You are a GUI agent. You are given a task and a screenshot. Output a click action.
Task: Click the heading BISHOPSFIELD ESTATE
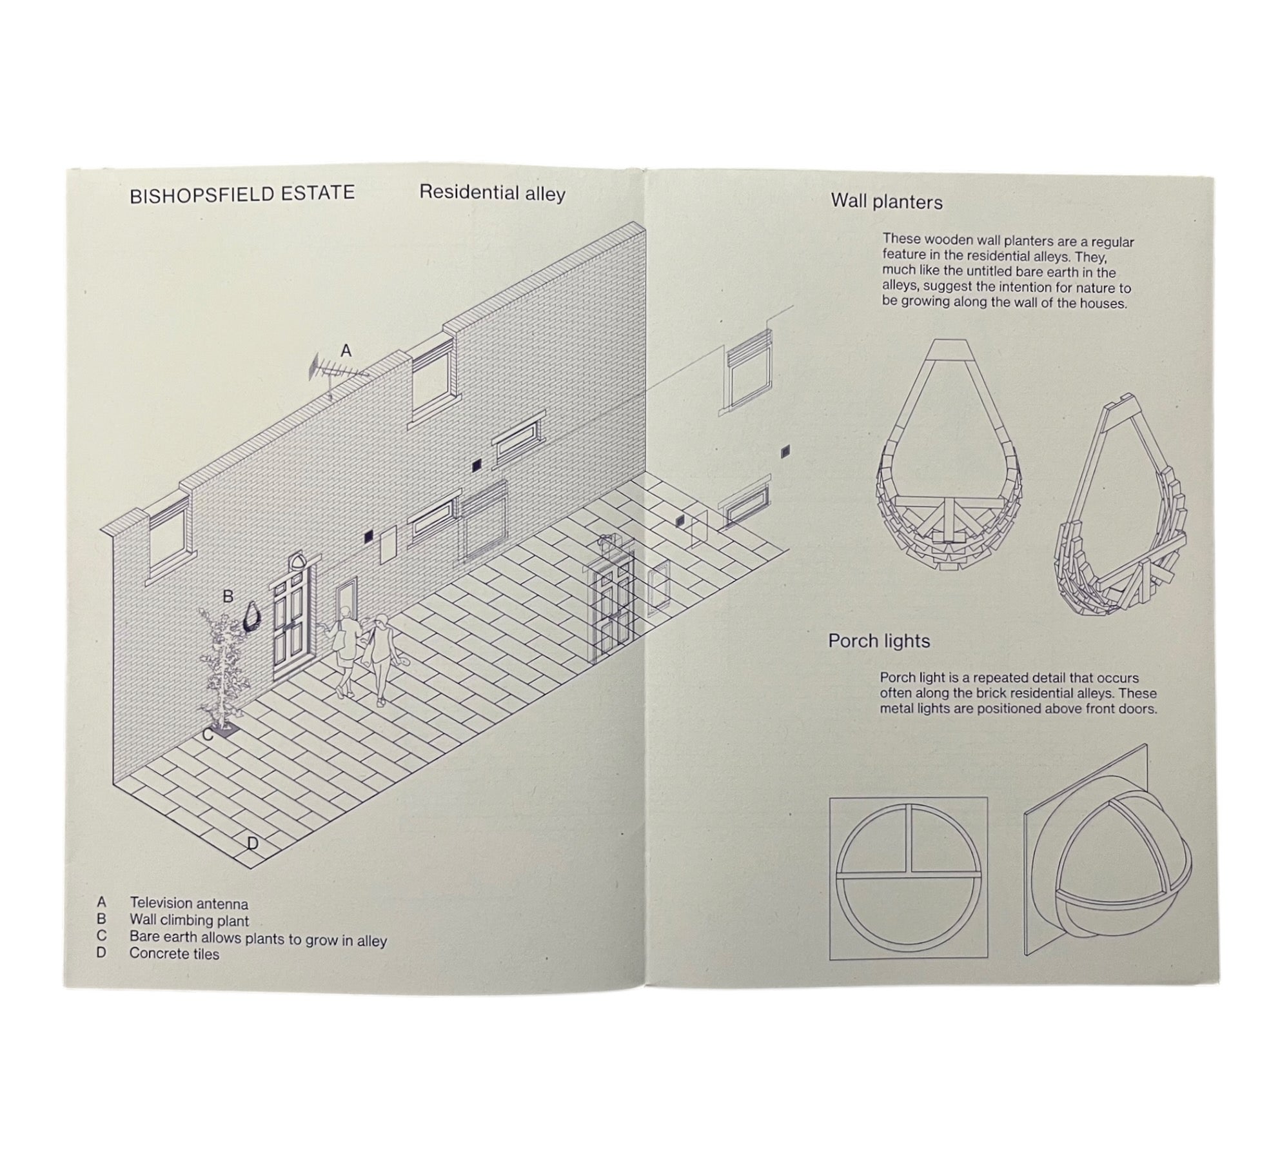pyautogui.click(x=242, y=194)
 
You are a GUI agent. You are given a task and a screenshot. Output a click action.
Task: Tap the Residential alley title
pyautogui.click(x=492, y=193)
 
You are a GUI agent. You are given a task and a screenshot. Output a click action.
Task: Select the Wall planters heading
pyautogui.click(x=887, y=202)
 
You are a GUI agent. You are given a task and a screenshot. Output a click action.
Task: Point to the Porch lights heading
pyautogui.click(x=879, y=641)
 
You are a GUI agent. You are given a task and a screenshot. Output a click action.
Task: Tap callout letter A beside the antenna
pyautogui.click(x=346, y=351)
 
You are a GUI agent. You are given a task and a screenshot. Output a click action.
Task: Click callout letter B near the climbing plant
pyautogui.click(x=228, y=597)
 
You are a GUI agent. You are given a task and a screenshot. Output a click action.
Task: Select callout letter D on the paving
pyautogui.click(x=252, y=843)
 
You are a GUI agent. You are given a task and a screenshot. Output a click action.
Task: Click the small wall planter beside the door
pyautogui.click(x=252, y=615)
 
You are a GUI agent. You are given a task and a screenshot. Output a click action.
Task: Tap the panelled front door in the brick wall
pyautogui.click(x=293, y=623)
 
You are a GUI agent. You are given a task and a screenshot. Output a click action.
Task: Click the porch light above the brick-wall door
pyautogui.click(x=298, y=560)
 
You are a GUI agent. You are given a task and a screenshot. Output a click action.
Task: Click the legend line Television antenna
pyautogui.click(x=189, y=904)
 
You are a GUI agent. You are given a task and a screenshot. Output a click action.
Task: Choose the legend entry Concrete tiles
pyautogui.click(x=174, y=954)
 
